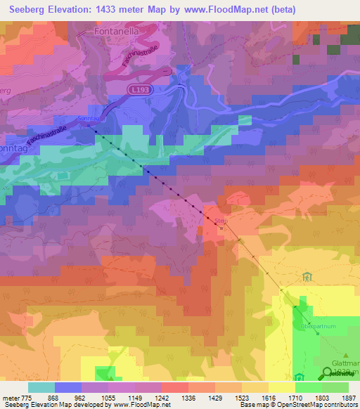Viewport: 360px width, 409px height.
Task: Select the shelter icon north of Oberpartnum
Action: pyautogui.click(x=305, y=277)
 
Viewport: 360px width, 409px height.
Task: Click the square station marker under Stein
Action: pyautogui.click(x=221, y=227)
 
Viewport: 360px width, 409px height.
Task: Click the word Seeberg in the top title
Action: pyautogui.click(x=30, y=10)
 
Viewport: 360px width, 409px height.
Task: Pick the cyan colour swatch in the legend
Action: pyautogui.click(x=41, y=387)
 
